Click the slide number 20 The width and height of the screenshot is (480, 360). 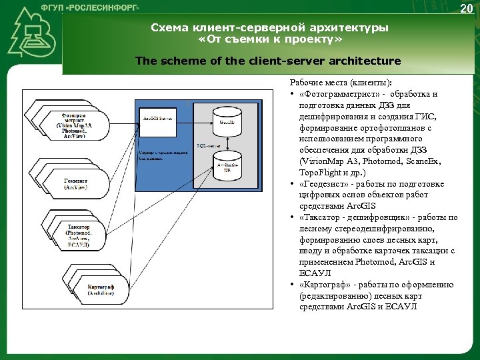pos(465,8)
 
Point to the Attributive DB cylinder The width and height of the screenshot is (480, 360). pos(227,167)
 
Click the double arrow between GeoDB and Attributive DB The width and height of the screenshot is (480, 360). pos(227,143)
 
